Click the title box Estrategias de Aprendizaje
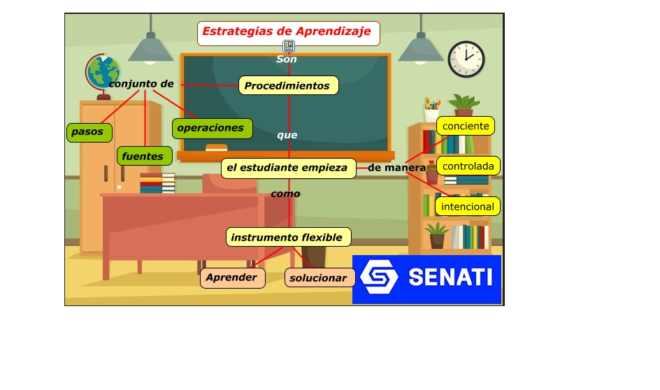coord(288,32)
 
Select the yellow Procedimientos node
coord(288,86)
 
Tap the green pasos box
coord(88,131)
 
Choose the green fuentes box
coord(143,157)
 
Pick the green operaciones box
coord(210,128)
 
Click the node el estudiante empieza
coord(288,168)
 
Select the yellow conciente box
coord(466,126)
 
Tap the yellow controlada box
coord(468,166)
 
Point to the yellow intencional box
coord(467,207)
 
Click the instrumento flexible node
coord(287,238)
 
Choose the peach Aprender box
coord(232,277)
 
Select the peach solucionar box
coord(319,278)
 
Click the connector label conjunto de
coord(141,84)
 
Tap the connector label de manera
coord(396,168)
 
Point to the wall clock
coord(466,59)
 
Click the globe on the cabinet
coord(103,73)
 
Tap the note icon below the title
coord(289,46)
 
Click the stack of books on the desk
coord(157,183)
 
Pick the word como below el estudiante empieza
coord(285,194)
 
